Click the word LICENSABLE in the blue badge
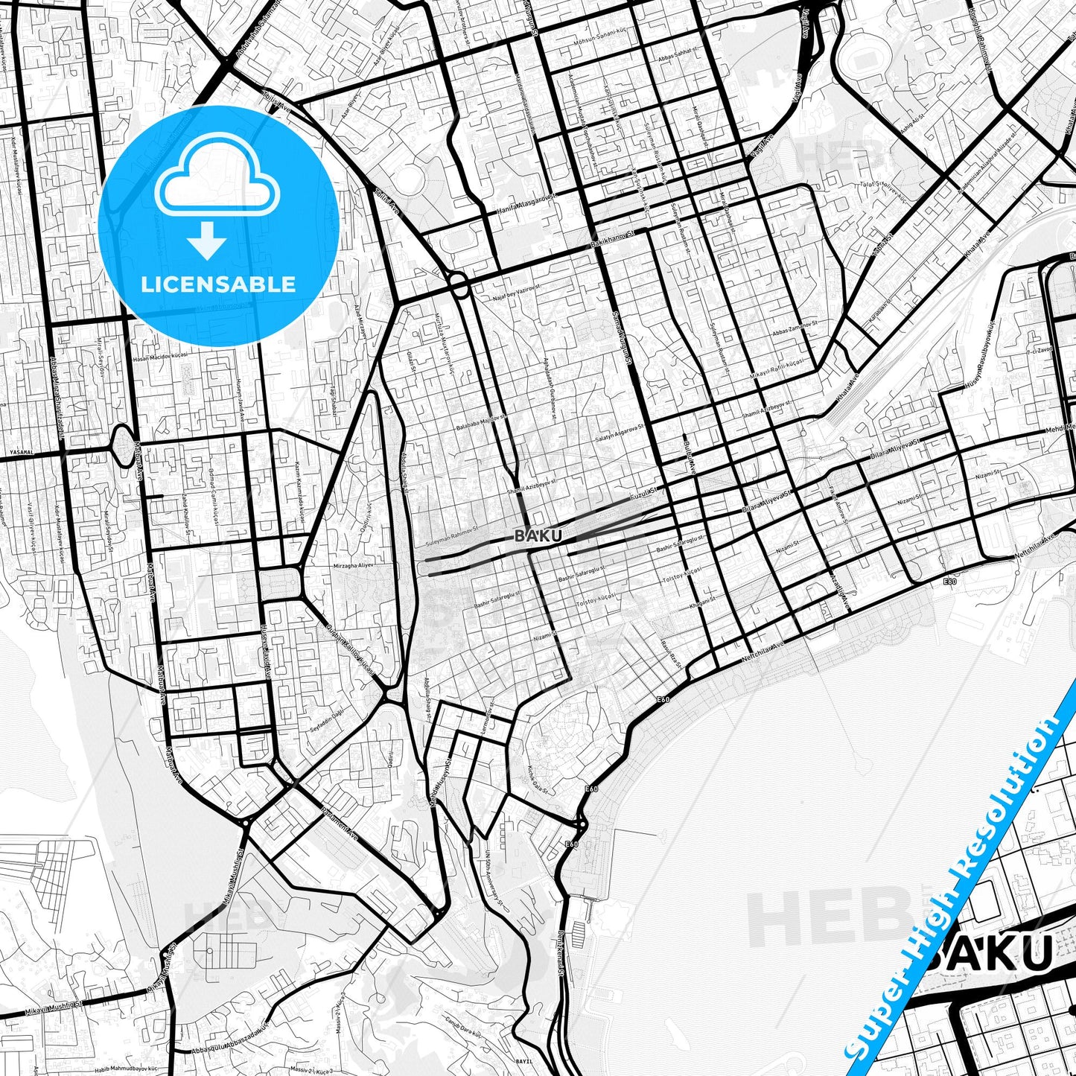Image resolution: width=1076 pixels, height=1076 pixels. pyautogui.click(x=218, y=284)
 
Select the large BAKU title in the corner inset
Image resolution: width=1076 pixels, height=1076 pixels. pyautogui.click(x=990, y=953)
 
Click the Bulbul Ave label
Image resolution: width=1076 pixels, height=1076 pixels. pyautogui.click(x=688, y=456)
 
